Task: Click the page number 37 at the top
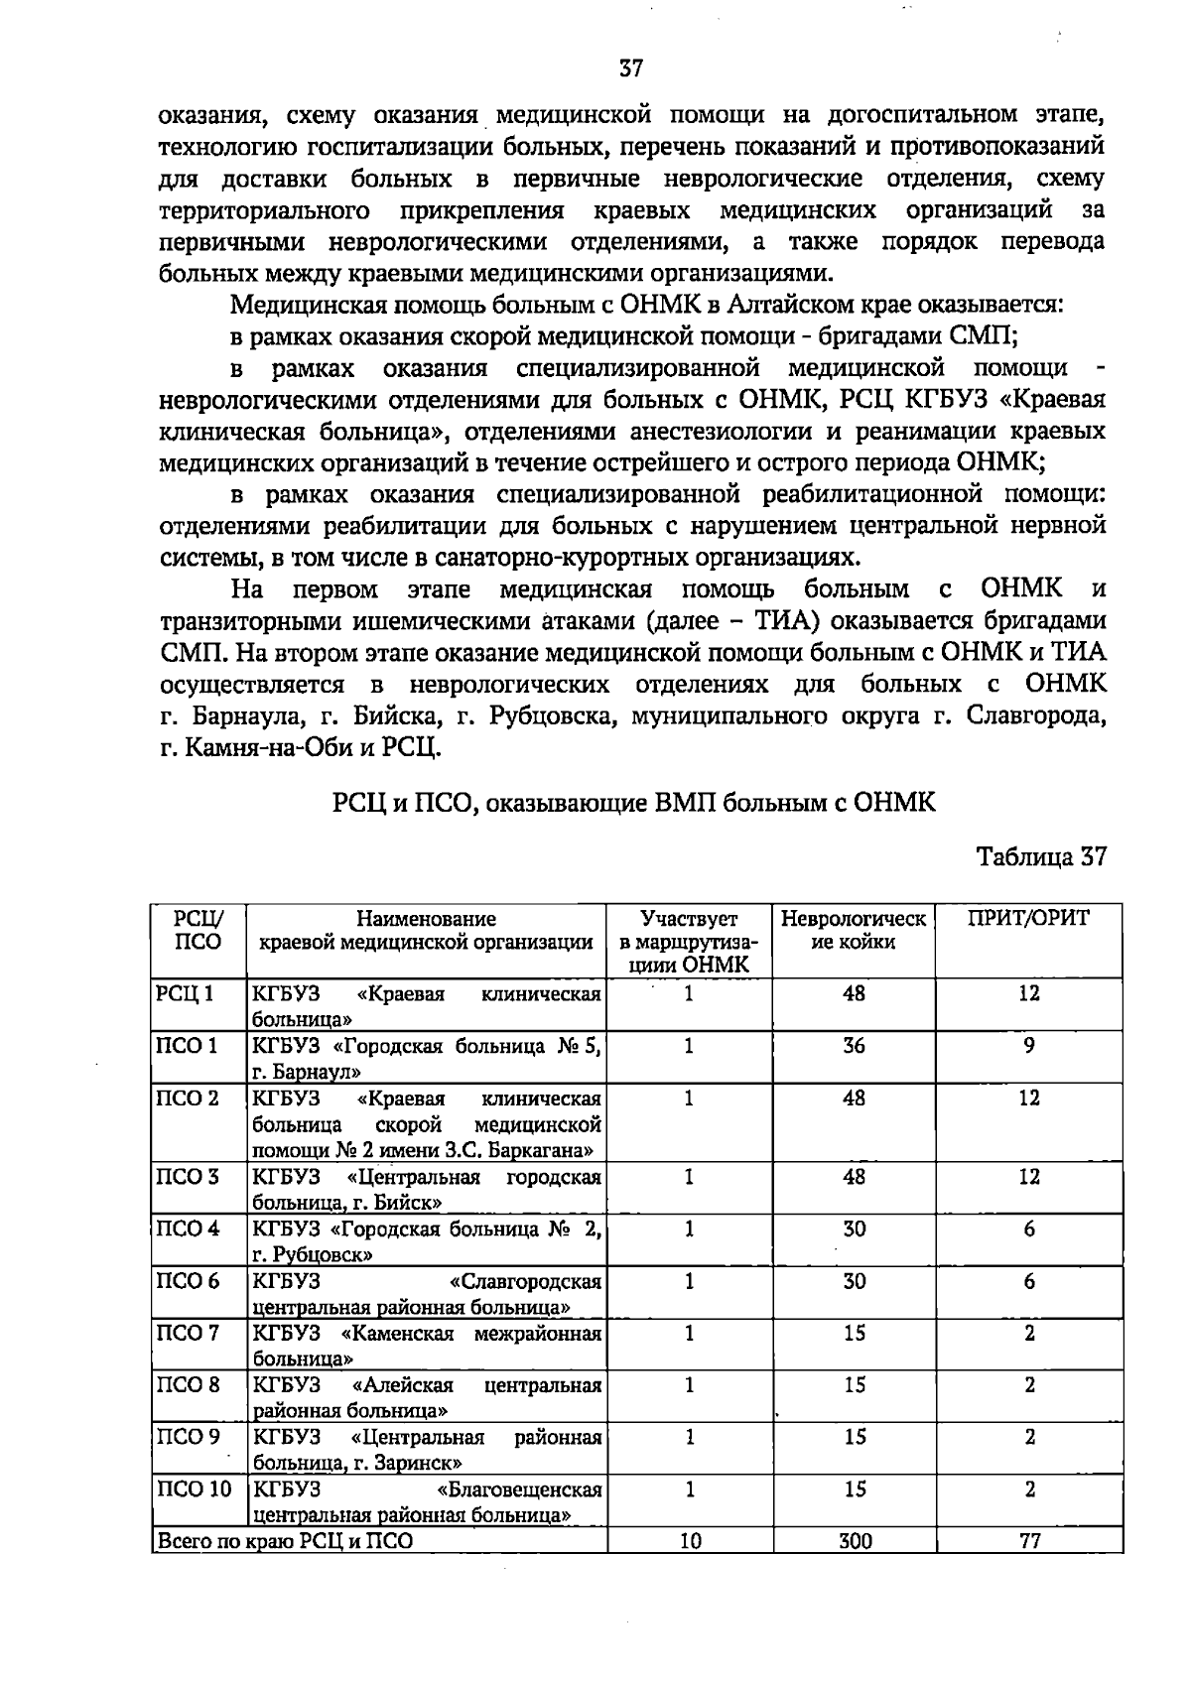point(631,69)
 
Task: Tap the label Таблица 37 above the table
point(1041,856)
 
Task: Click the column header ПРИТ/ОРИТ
point(1028,919)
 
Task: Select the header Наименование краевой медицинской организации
point(426,931)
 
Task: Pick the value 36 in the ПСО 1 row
point(854,1046)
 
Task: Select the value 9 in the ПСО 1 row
point(1029,1046)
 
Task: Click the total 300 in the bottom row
point(854,1541)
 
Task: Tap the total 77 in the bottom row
point(1029,1541)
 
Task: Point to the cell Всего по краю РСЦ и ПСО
point(285,1541)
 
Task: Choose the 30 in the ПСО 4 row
point(854,1230)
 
